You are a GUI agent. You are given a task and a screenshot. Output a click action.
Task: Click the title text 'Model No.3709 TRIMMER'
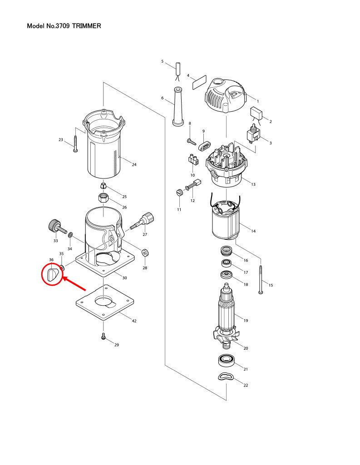pyautogui.click(x=64, y=26)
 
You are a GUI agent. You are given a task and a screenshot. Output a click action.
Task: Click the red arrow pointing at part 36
pyautogui.click(x=75, y=285)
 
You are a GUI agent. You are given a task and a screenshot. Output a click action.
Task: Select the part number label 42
pyautogui.click(x=134, y=321)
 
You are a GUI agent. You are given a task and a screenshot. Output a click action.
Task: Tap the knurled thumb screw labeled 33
pyautogui.click(x=56, y=225)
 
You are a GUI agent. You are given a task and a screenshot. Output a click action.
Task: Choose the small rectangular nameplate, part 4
pyautogui.click(x=199, y=82)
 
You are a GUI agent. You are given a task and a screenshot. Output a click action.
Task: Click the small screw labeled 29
pyautogui.click(x=104, y=337)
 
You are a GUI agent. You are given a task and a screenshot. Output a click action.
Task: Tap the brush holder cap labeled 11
pyautogui.click(x=178, y=193)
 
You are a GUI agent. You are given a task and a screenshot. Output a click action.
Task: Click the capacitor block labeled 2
pyautogui.click(x=257, y=113)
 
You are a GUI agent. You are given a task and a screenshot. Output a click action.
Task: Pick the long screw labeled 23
pyautogui.click(x=75, y=143)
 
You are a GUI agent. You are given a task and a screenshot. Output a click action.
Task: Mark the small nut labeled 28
pyautogui.click(x=144, y=252)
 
